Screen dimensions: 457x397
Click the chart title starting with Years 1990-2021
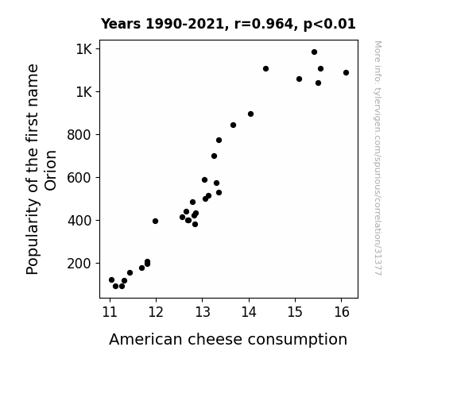pyautogui.click(x=228, y=24)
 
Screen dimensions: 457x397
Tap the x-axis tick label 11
pyautogui.click(x=110, y=312)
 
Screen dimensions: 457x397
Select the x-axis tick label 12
pyautogui.click(x=156, y=312)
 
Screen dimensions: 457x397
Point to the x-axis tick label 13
pyautogui.click(x=202, y=312)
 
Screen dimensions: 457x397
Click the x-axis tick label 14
pyautogui.click(x=249, y=312)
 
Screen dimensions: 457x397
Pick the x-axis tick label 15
pyautogui.click(x=295, y=312)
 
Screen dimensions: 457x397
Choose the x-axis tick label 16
pyautogui.click(x=341, y=312)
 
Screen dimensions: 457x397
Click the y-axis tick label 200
pyautogui.click(x=79, y=264)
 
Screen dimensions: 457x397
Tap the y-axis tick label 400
pyautogui.click(x=79, y=221)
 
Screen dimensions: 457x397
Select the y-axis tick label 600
pyautogui.click(x=79, y=178)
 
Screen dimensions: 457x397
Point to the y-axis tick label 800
pyautogui.click(x=79, y=135)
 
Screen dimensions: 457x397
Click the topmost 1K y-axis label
pyautogui.click(x=84, y=49)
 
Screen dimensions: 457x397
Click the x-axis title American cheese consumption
pyautogui.click(x=228, y=339)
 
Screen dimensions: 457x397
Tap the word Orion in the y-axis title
pyautogui.click(x=51, y=171)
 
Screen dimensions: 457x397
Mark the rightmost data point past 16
pyautogui.click(x=346, y=72)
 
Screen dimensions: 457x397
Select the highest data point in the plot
pyautogui.click(x=314, y=52)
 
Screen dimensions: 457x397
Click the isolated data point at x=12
pyautogui.click(x=155, y=221)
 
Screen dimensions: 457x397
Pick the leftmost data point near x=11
pyautogui.click(x=111, y=280)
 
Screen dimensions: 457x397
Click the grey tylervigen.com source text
pyautogui.click(x=378, y=158)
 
